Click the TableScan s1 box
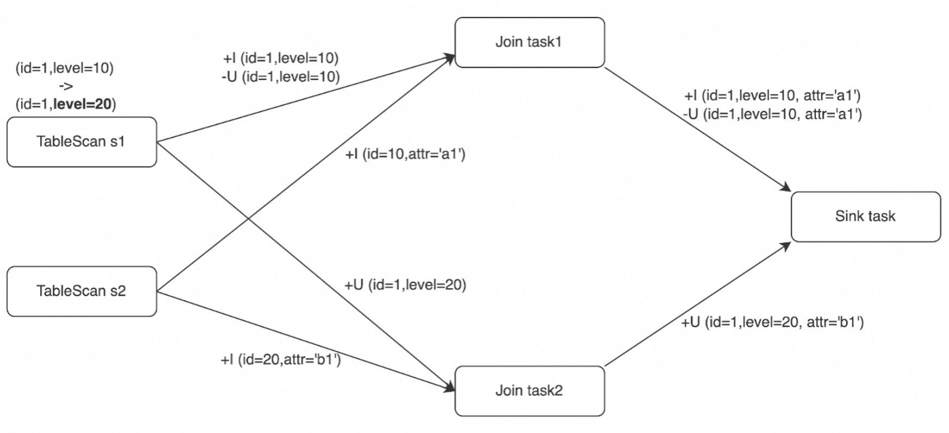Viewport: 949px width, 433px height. [82, 142]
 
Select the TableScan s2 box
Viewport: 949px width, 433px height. [82, 291]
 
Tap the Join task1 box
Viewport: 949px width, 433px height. [529, 42]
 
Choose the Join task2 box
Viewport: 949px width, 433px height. [529, 391]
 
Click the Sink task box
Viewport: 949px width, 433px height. [865, 216]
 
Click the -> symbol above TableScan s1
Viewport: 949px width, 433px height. [65, 86]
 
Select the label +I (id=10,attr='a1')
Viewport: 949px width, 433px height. [405, 154]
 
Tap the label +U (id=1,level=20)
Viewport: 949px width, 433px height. [405, 284]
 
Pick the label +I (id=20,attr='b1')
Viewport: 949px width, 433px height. [280, 360]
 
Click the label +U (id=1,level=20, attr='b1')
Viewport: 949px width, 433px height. [772, 322]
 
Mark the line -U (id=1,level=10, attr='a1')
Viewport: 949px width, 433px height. [772, 114]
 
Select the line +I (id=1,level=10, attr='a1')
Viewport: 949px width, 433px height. [772, 96]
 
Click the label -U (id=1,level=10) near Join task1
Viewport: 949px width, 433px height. [280, 77]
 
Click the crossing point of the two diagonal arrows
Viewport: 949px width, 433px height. [249, 219]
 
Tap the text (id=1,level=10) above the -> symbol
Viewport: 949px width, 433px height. [64, 68]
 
